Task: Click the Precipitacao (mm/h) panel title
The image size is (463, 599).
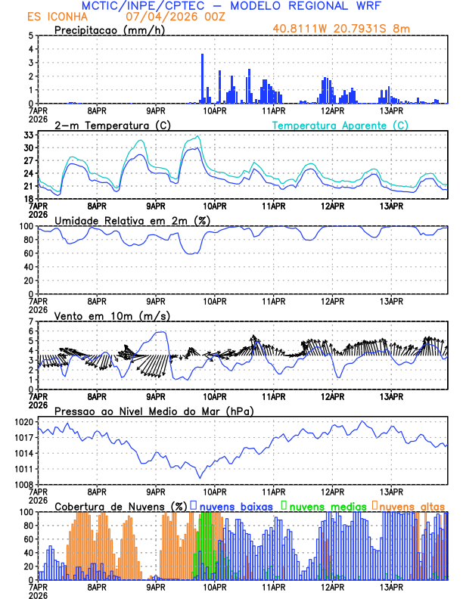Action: pos(108,29)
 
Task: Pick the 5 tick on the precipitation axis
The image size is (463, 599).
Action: pos(30,36)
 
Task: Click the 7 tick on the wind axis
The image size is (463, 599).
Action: pos(30,321)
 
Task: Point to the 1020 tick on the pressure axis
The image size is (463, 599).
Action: pos(23,421)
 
